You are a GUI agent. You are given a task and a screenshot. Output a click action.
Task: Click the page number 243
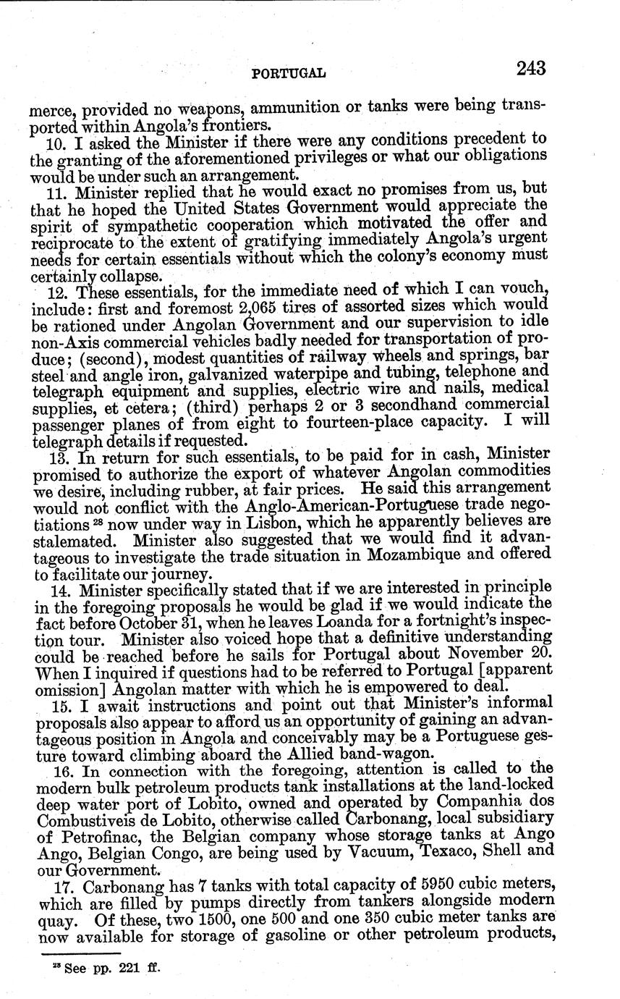(531, 69)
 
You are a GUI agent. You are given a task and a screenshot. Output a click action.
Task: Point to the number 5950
(414, 885)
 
